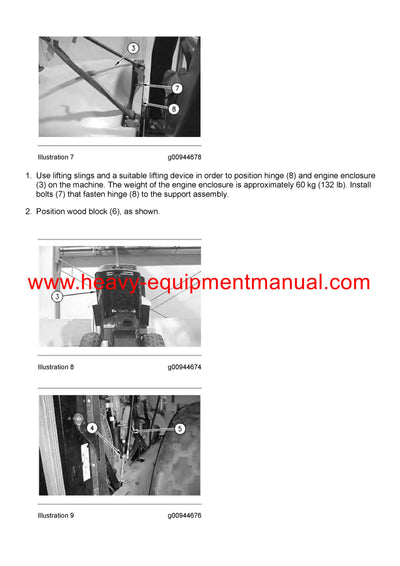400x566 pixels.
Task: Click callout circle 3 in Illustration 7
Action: tap(132, 49)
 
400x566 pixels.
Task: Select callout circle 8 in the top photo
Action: tap(174, 109)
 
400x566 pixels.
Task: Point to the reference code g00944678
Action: tap(185, 157)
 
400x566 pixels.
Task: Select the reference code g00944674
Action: tap(185, 367)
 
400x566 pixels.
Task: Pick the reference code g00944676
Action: tap(185, 516)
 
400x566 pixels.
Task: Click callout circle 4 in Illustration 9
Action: tap(91, 428)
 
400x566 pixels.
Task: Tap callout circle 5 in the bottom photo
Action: tap(179, 429)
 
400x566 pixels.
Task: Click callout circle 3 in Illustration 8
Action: tap(58, 297)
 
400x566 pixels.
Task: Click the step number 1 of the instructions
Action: tap(28, 176)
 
